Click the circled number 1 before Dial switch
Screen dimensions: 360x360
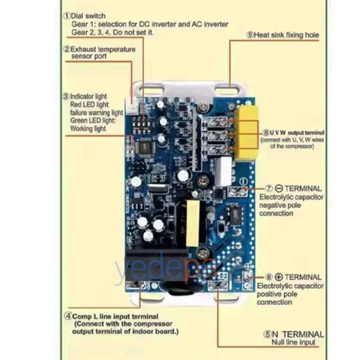coord(67,14)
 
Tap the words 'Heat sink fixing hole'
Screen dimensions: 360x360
coord(287,35)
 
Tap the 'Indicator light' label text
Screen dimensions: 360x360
coord(92,95)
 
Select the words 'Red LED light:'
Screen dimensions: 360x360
coord(90,104)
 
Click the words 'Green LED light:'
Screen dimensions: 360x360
coord(93,120)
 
